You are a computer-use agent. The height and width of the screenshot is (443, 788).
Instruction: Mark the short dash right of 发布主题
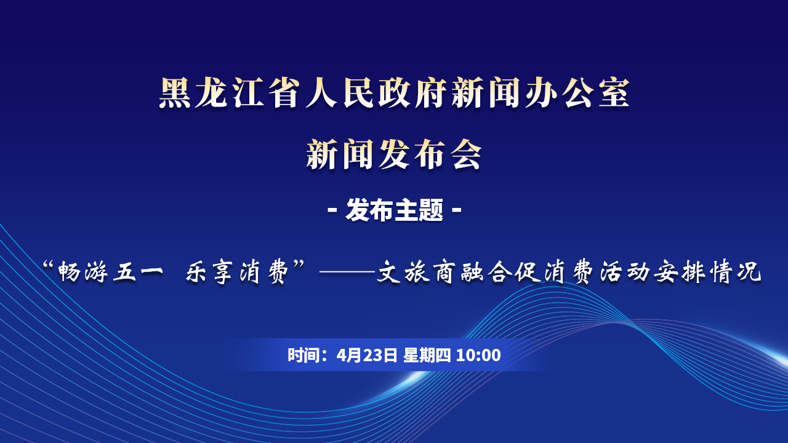point(456,210)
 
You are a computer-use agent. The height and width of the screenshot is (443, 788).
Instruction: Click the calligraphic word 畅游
point(82,272)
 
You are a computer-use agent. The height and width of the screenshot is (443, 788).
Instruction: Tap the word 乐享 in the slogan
point(209,272)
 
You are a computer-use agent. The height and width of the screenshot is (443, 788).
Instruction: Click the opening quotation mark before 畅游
point(48,265)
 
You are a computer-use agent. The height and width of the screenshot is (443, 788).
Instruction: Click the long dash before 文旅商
point(347,272)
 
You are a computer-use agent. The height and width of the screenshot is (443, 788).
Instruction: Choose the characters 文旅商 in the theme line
point(414,272)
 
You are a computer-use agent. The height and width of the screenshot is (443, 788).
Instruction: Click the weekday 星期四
point(427,355)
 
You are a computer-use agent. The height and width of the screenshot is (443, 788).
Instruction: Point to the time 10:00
point(478,355)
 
